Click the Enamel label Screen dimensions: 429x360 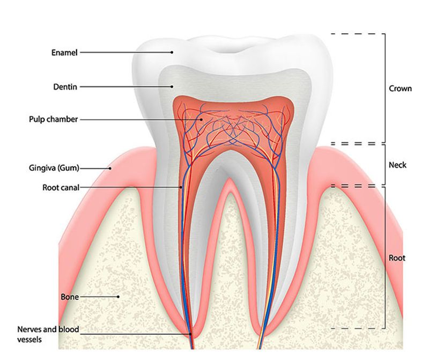(64, 52)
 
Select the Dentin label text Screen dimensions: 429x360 (65, 87)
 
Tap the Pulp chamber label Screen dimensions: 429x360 (53, 119)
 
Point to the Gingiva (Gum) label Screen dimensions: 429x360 (54, 168)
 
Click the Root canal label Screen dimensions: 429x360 (61, 188)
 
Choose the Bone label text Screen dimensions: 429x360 (70, 297)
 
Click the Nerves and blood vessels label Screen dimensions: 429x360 (48, 334)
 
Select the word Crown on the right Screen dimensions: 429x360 (400, 89)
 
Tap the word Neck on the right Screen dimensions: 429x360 (397, 165)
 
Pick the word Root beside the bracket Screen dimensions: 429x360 (397, 258)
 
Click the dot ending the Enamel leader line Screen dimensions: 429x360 (172, 52)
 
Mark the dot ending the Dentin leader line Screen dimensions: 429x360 (172, 87)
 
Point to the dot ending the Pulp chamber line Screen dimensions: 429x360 (201, 119)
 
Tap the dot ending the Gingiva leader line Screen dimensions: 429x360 (110, 168)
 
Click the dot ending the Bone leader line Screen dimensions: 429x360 (118, 297)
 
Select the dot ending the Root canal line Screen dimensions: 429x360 (181, 188)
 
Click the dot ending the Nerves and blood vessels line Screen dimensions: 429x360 (190, 334)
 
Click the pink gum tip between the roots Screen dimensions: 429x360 (230, 181)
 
